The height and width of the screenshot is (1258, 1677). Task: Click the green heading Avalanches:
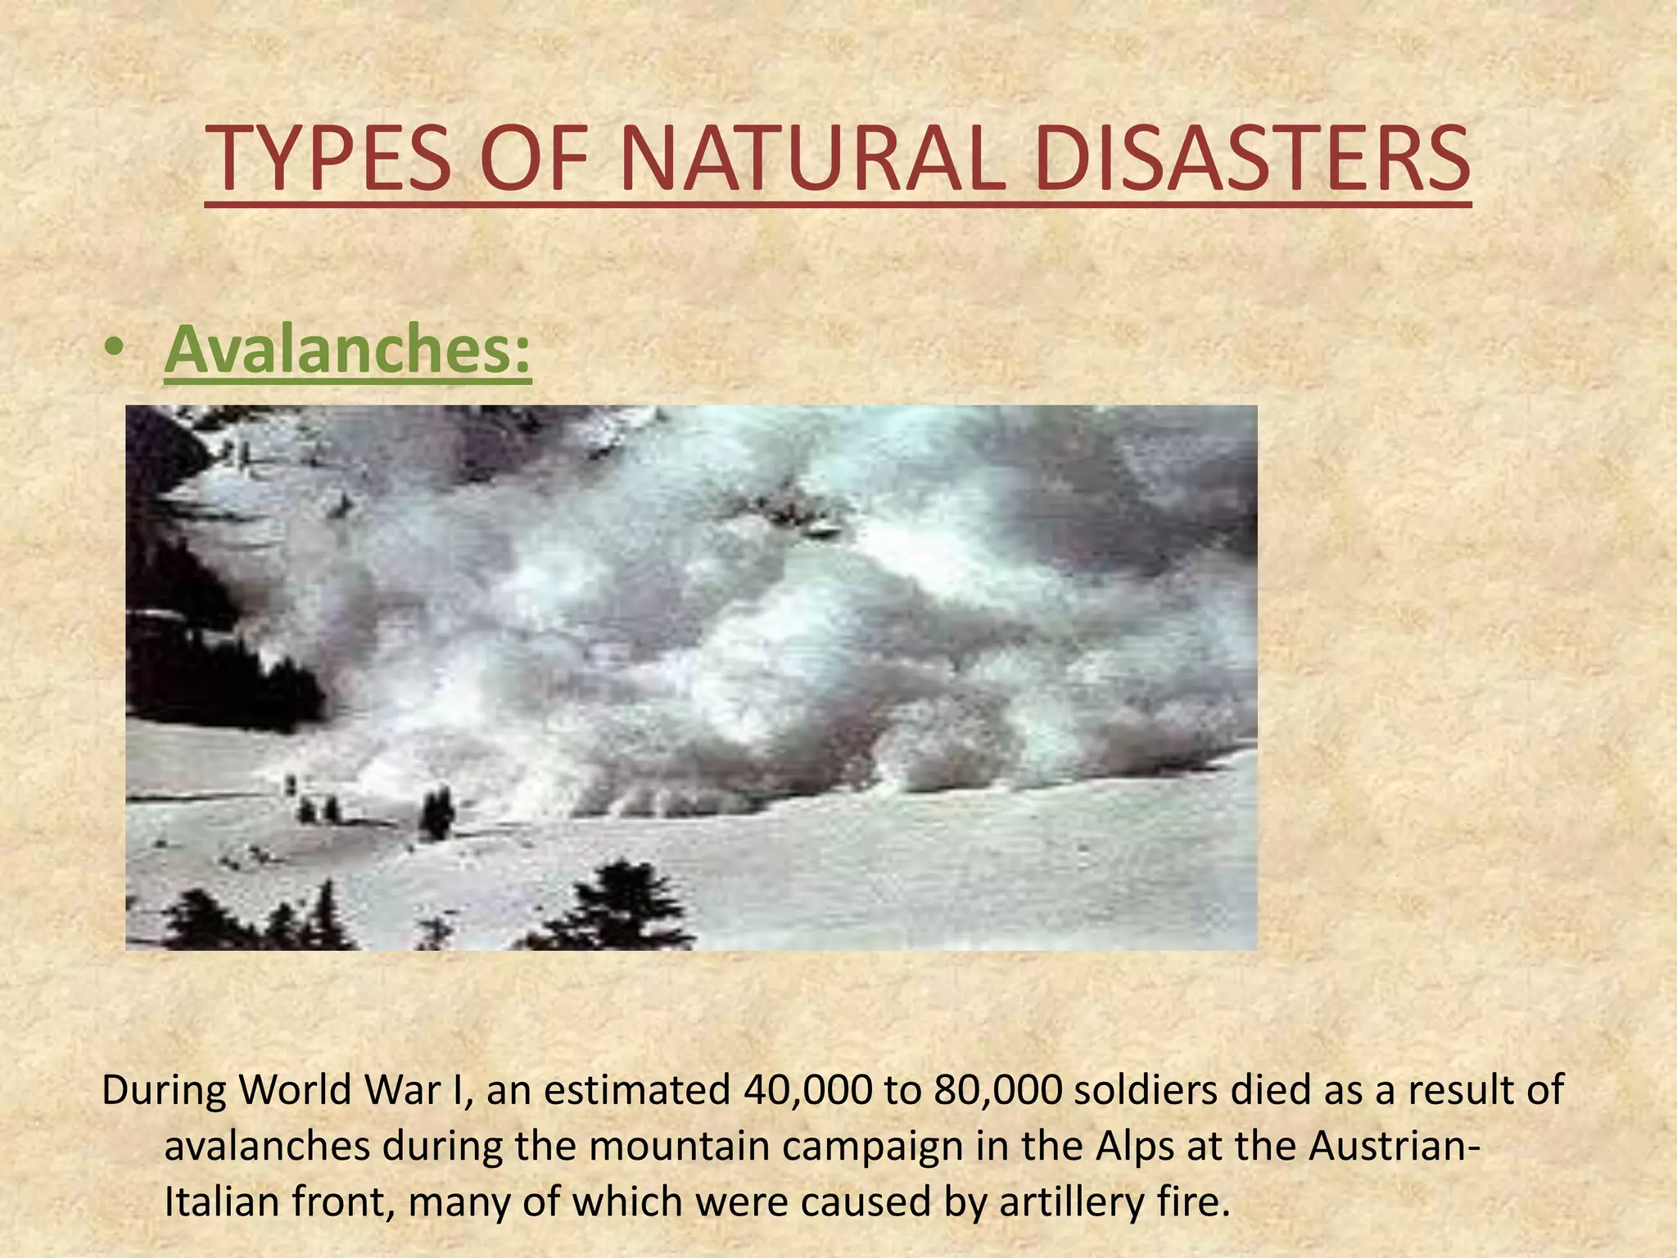pos(348,348)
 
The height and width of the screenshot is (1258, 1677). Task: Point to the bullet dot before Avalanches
pos(115,351)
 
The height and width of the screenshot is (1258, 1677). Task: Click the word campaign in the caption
pos(871,1147)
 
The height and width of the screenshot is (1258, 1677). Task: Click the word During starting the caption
pos(163,1090)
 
